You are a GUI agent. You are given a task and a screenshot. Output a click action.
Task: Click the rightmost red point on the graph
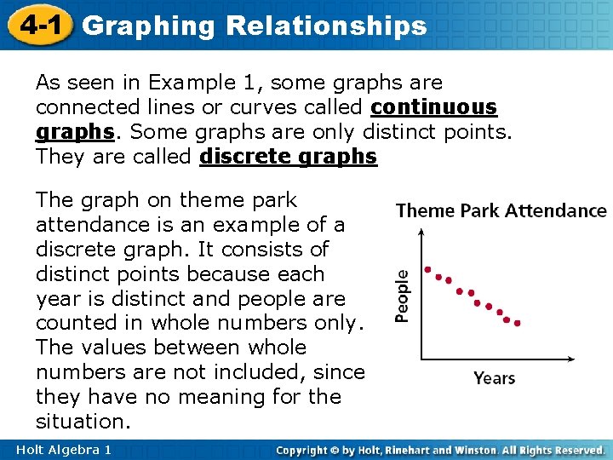518,323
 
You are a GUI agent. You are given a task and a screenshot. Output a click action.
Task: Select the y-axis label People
402,296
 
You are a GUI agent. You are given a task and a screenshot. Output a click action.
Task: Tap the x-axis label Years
495,377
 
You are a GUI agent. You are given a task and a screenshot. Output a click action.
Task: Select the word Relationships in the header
326,26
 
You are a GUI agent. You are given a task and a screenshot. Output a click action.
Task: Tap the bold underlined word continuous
434,107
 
